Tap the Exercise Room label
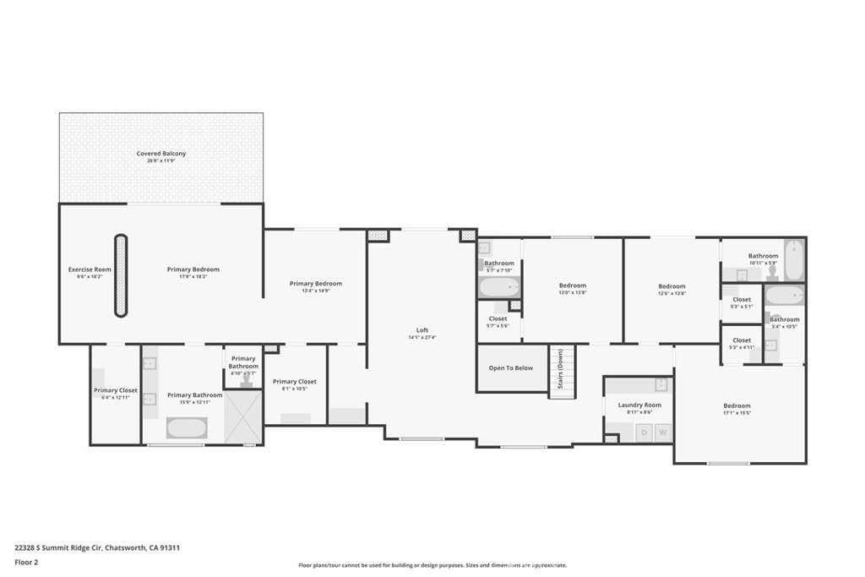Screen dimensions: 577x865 pyautogui.click(x=90, y=272)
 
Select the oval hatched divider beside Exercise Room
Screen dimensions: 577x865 pyautogui.click(x=121, y=276)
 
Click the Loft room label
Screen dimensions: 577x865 pyautogui.click(x=422, y=333)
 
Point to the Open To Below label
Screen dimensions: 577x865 pyautogui.click(x=511, y=367)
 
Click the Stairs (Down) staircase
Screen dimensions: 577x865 pyautogui.click(x=562, y=372)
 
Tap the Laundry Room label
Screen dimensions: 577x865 pyautogui.click(x=639, y=408)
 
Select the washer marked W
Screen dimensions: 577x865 pyautogui.click(x=663, y=433)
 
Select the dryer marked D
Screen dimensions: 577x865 pyautogui.click(x=644, y=433)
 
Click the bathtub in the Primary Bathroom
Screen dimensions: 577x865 pyautogui.click(x=185, y=427)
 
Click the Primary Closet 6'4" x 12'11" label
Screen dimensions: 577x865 pyautogui.click(x=116, y=394)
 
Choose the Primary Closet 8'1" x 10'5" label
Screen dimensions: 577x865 pyautogui.click(x=295, y=385)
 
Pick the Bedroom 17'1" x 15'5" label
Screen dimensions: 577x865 pyautogui.click(x=737, y=408)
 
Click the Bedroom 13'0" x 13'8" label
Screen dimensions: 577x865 pyautogui.click(x=572, y=289)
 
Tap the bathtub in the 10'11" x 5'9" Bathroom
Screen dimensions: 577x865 pyautogui.click(x=793, y=261)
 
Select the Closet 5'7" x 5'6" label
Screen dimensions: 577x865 pyautogui.click(x=498, y=321)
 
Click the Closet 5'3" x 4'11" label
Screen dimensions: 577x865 pyautogui.click(x=741, y=343)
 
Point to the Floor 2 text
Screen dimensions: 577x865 pyautogui.click(x=26, y=562)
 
